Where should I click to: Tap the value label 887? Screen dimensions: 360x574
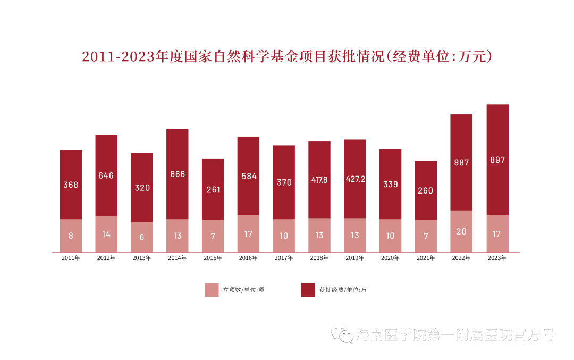point(461,162)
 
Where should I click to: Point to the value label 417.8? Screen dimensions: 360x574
point(319,180)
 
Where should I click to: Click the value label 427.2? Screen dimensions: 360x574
point(355,179)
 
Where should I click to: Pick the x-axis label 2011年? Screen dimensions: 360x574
point(71,258)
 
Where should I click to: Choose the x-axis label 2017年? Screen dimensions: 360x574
point(284,258)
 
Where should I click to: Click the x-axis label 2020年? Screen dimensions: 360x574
point(390,258)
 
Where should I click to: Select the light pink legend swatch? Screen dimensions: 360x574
point(212,290)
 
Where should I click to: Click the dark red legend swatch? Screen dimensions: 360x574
point(308,290)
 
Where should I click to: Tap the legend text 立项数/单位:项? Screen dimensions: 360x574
point(243,290)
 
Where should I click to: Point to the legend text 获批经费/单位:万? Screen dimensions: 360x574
point(342,290)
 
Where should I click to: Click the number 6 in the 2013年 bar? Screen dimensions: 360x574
point(142,237)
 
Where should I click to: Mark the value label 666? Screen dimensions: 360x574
point(177,174)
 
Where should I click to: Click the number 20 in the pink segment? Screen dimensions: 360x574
point(461,231)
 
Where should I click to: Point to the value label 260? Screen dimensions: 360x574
point(426,190)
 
